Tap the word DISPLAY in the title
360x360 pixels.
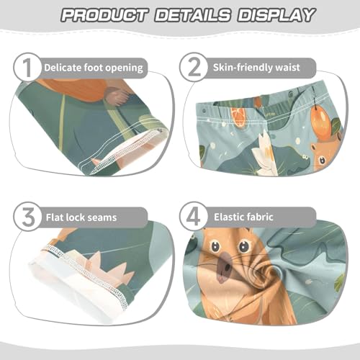click(272, 15)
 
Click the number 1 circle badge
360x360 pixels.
click(27, 68)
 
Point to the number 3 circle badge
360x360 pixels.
click(27, 217)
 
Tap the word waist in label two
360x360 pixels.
click(304, 68)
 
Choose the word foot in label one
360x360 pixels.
click(96, 68)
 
